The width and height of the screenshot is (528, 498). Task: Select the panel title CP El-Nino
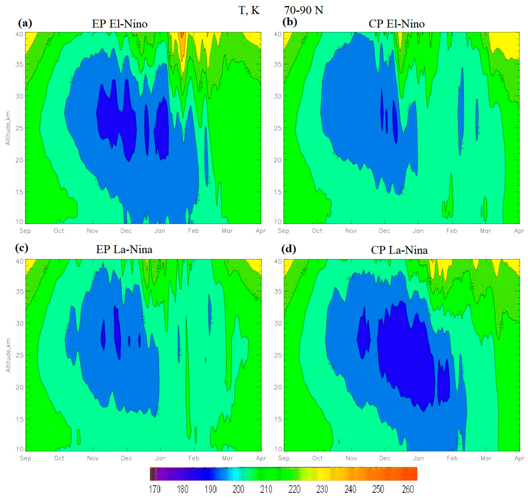tap(396, 24)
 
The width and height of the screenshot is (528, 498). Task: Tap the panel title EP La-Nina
tap(124, 250)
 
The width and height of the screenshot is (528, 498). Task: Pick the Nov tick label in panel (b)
tap(351, 231)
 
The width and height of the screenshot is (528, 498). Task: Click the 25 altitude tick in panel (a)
tap(19, 128)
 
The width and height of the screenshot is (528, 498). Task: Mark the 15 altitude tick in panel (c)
tap(19, 419)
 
